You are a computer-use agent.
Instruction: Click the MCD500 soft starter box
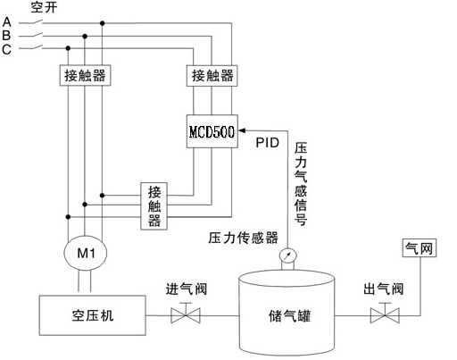tap(212, 131)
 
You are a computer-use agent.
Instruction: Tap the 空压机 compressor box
tap(93, 315)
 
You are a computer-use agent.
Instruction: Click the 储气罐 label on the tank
tap(289, 316)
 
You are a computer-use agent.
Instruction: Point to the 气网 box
tap(420, 247)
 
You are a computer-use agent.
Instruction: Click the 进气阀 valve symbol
tap(186, 314)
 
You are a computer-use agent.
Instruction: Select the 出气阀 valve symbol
tap(385, 314)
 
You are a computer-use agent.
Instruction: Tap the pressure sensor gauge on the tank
tap(287, 256)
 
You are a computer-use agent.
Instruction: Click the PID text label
tap(268, 143)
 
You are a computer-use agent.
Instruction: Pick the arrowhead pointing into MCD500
tap(242, 130)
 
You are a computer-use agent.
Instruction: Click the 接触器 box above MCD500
tap(212, 76)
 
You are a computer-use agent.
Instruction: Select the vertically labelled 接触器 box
tap(154, 206)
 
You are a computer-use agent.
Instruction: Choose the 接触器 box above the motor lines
tap(85, 75)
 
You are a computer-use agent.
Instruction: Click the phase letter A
tap(7, 22)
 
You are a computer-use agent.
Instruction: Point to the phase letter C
tap(6, 49)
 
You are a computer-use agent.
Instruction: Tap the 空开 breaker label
tap(44, 7)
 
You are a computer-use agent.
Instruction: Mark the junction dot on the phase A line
tap(103, 23)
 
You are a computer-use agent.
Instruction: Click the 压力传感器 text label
tap(243, 238)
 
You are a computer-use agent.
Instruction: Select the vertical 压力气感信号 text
tap(301, 184)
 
